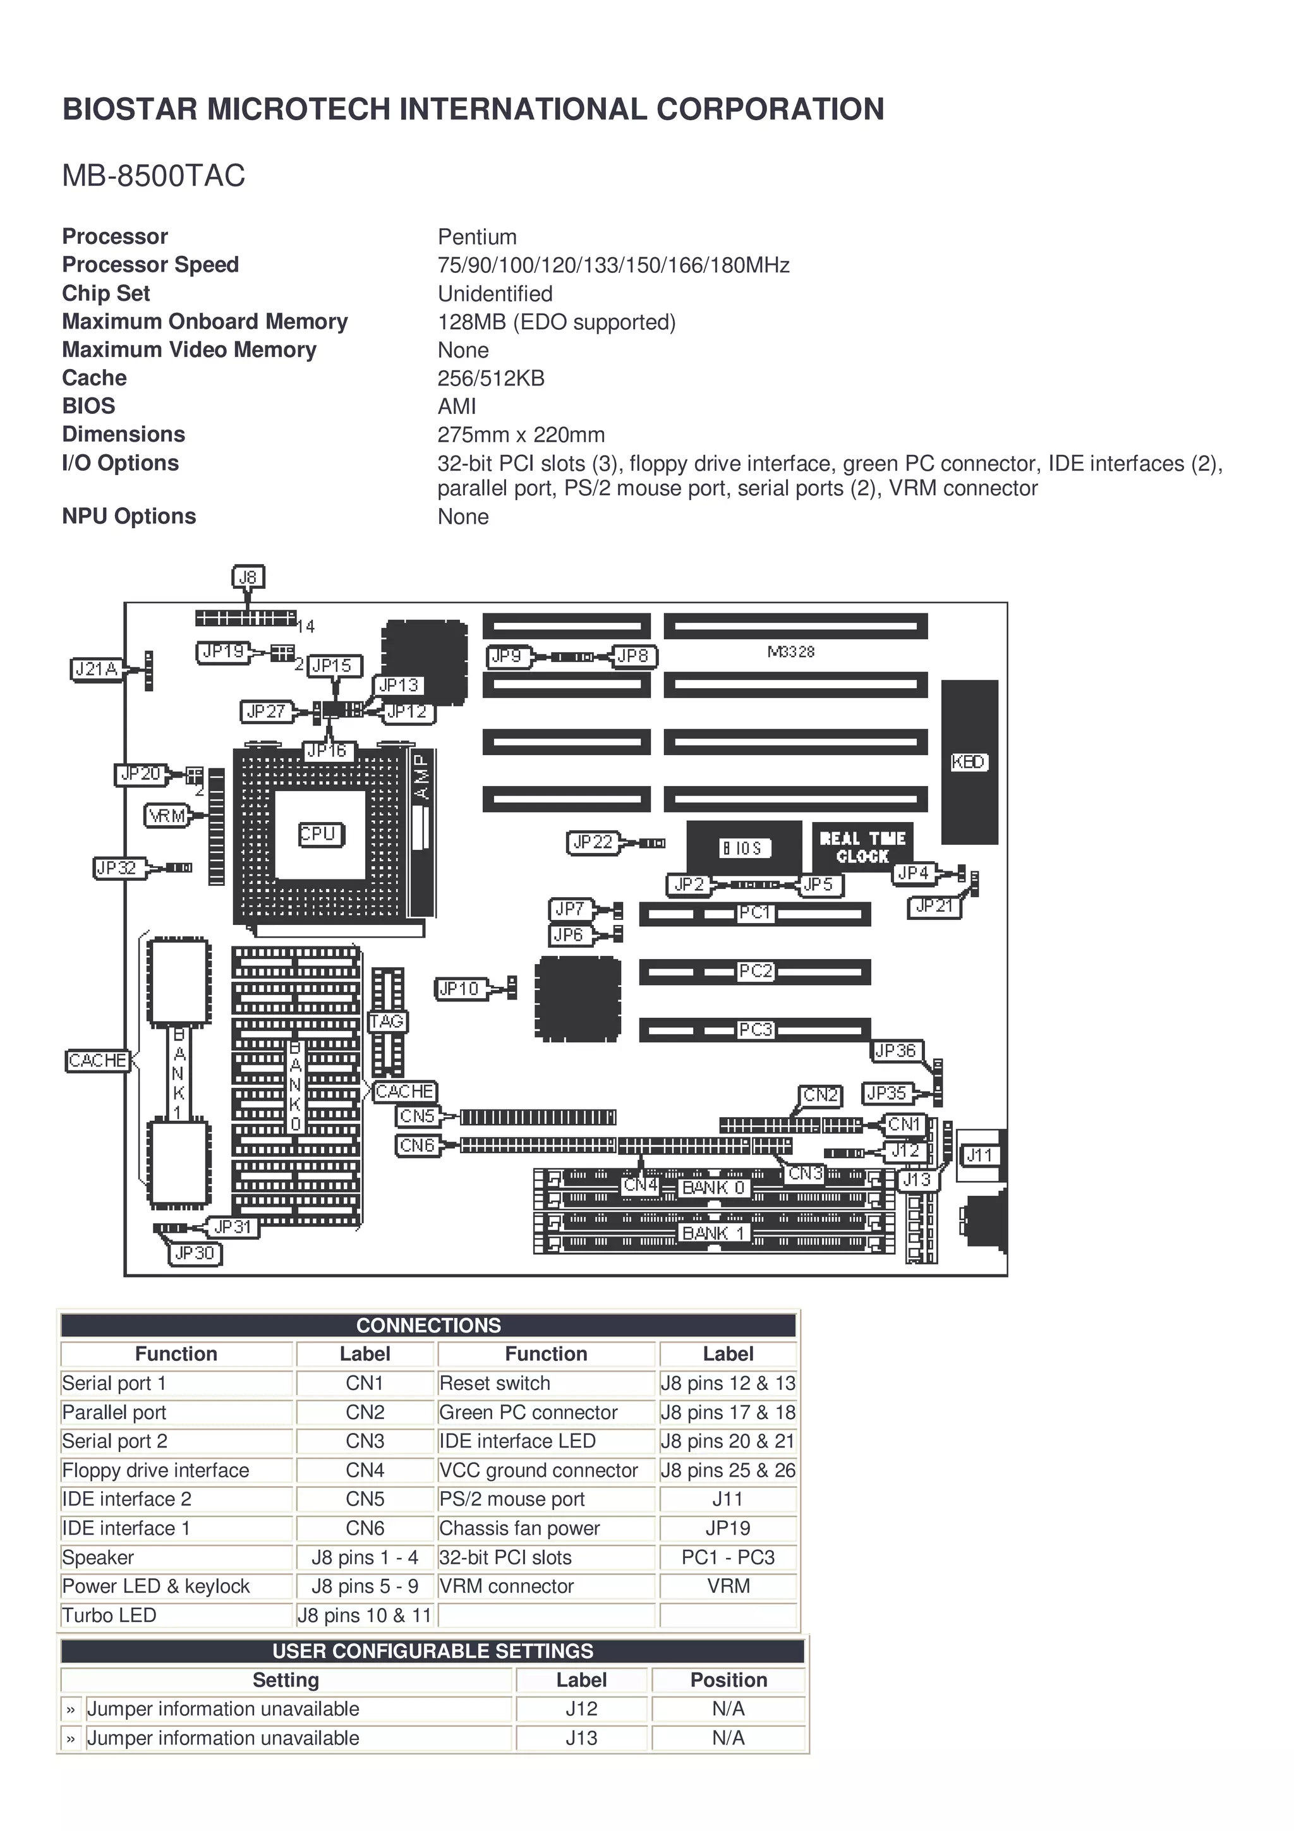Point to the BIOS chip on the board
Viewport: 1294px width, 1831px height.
[743, 847]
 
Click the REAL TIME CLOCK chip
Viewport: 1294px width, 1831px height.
[862, 847]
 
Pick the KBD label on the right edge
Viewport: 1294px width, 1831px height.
[969, 761]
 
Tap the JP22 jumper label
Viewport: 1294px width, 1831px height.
[593, 842]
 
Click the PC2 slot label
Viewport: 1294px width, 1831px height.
[755, 970]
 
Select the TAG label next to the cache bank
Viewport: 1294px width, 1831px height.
[387, 1021]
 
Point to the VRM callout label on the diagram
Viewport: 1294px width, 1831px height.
[167, 816]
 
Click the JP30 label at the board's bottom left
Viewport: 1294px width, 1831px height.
[195, 1253]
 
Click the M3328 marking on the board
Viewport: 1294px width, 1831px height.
[791, 651]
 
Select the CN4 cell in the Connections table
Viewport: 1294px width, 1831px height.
[365, 1470]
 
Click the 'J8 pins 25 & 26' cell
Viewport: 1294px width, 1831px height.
[727, 1470]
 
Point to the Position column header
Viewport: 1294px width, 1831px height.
[728, 1679]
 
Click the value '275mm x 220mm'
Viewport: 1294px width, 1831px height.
[521, 435]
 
